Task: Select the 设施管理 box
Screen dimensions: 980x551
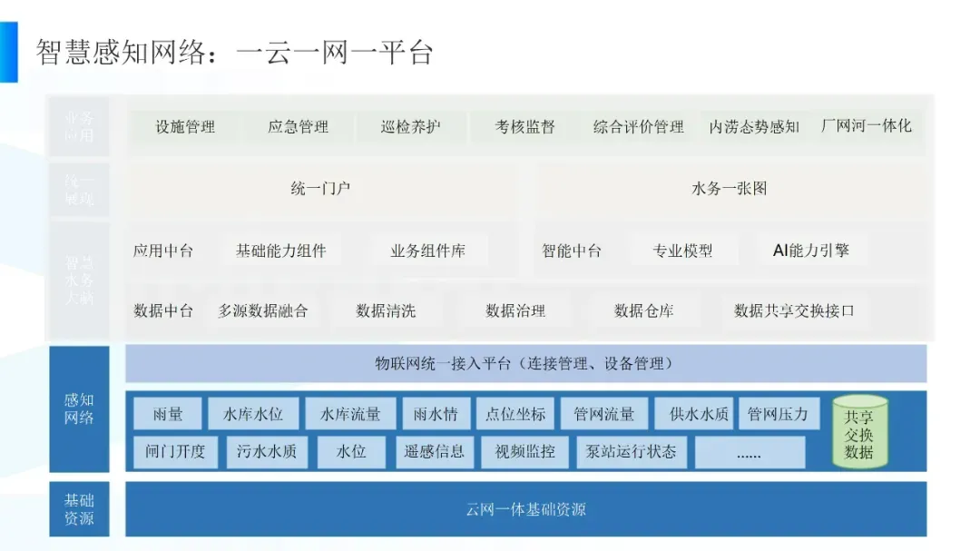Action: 185,127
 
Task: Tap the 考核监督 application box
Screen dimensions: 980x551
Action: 524,127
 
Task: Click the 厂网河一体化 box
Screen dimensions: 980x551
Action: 866,126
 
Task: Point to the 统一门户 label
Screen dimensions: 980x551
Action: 320,189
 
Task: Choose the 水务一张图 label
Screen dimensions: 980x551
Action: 730,189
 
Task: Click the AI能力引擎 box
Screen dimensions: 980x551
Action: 811,251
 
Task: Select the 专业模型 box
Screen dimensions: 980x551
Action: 682,251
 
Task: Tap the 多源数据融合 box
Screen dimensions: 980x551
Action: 263,310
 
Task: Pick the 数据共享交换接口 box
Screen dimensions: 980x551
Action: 794,310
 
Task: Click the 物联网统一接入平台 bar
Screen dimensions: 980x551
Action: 525,364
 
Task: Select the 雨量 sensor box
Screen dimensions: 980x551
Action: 168,414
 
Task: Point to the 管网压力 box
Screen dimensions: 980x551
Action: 778,414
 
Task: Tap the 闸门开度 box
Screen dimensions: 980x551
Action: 175,451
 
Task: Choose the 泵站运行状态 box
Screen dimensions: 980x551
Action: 631,451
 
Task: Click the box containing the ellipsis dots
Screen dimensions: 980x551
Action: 749,452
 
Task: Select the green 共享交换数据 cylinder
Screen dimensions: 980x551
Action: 858,432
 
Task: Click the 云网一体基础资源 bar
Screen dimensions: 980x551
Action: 525,509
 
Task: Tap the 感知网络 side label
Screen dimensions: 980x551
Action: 79,408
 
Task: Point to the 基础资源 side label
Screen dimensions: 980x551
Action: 79,509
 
